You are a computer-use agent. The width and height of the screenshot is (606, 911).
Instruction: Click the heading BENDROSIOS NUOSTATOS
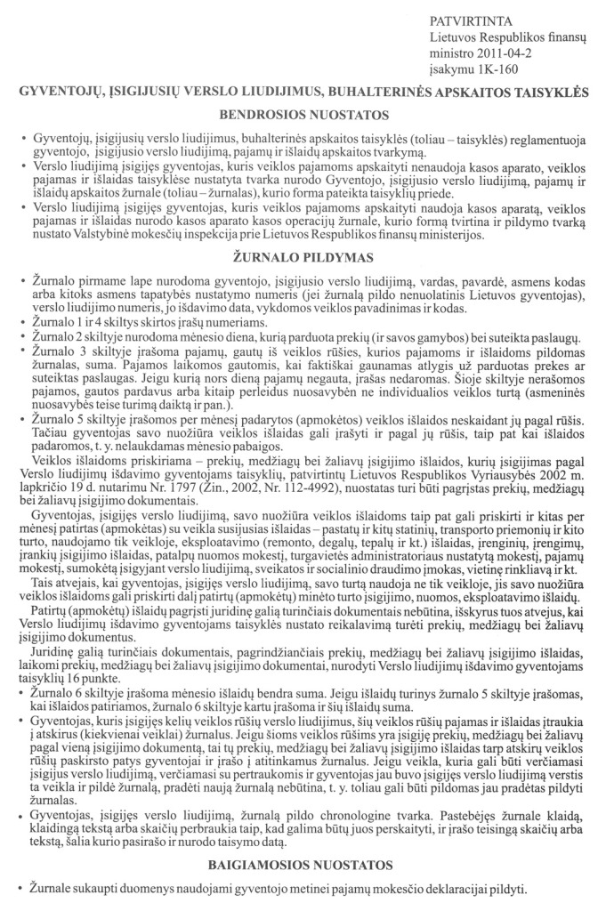[303, 115]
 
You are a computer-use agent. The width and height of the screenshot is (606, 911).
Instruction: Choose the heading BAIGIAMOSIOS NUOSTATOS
[303, 864]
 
